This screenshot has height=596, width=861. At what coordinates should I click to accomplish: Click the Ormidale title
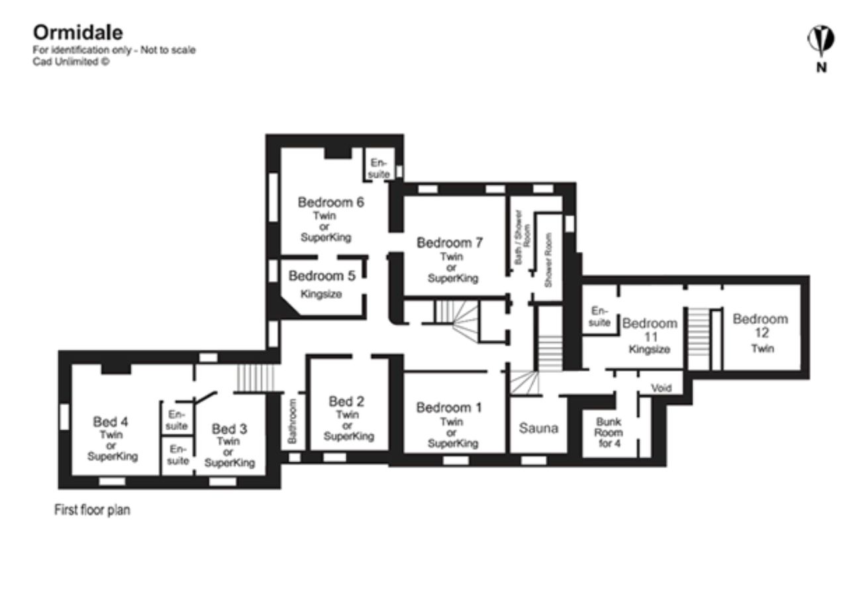tap(77, 32)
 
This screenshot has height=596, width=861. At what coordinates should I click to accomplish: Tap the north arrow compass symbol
tap(821, 41)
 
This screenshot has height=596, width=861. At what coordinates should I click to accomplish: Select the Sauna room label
tap(538, 428)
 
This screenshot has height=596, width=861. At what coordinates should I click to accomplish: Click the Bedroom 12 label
tap(760, 319)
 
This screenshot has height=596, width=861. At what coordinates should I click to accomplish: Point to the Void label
tap(661, 388)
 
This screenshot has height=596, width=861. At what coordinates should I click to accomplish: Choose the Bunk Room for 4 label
tap(608, 432)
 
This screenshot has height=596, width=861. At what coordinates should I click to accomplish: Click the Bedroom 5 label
tap(322, 275)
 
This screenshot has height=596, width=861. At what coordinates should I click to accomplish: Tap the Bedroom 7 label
tap(450, 243)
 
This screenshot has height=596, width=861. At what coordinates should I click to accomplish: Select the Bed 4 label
tap(111, 422)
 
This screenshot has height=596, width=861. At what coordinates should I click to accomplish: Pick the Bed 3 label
tap(229, 428)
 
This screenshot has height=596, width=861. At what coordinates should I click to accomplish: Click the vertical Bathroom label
tap(293, 421)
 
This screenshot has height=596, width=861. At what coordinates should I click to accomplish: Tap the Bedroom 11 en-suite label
tap(599, 317)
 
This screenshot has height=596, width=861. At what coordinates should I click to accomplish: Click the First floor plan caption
tap(91, 511)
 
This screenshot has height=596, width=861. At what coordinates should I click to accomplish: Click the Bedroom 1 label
tap(449, 407)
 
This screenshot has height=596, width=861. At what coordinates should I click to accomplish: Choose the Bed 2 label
tap(347, 401)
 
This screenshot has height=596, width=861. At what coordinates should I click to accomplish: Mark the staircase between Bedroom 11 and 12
tap(698, 338)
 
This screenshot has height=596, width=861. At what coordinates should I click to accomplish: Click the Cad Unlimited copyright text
tap(71, 62)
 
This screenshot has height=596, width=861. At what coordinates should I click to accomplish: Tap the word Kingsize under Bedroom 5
tap(321, 294)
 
